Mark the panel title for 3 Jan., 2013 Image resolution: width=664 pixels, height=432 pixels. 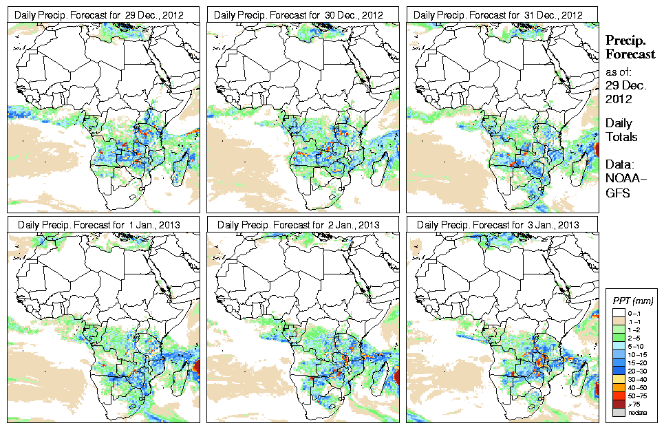501,224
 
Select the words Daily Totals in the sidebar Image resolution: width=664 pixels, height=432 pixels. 621,130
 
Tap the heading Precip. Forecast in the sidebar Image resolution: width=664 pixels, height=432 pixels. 629,47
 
